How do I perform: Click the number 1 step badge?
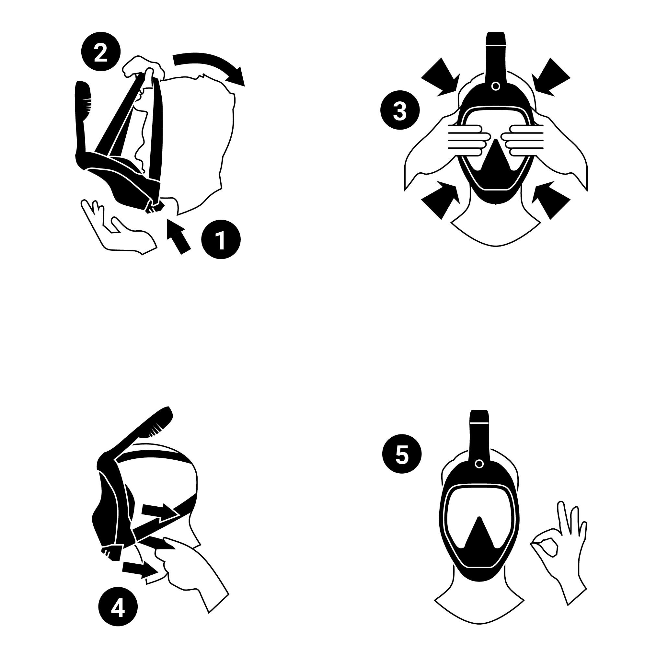[221, 239]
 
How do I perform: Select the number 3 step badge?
[400, 111]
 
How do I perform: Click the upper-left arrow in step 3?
[441, 77]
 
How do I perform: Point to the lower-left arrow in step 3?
[441, 200]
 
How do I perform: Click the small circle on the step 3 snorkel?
[495, 86]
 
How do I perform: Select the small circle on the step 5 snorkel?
[479, 464]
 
